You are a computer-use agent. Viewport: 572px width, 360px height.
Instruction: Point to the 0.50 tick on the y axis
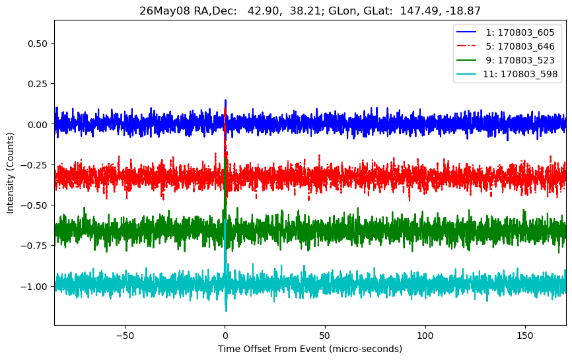pyautogui.click(x=38, y=44)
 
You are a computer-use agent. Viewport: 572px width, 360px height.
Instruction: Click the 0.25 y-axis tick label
pyautogui.click(x=38, y=84)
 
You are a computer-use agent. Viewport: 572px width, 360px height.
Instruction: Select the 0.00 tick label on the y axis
pyautogui.click(x=38, y=125)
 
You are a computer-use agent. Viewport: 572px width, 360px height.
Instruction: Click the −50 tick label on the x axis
pyautogui.click(x=125, y=336)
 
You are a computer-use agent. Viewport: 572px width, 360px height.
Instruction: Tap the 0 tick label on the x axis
pyautogui.click(x=225, y=336)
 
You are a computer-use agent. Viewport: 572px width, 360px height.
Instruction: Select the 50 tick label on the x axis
pyautogui.click(x=325, y=336)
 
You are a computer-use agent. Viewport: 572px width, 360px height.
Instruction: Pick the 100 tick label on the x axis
pyautogui.click(x=425, y=336)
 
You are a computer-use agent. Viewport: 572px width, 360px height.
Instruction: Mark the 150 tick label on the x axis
pyautogui.click(x=525, y=336)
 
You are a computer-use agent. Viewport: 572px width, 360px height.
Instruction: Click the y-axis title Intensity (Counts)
pyautogui.click(x=10, y=173)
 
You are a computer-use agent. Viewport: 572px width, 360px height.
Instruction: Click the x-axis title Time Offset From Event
pyautogui.click(x=271, y=349)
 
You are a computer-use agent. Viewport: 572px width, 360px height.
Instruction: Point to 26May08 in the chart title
pyautogui.click(x=164, y=11)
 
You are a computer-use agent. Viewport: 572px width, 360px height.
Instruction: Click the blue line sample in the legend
pyautogui.click(x=466, y=32)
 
